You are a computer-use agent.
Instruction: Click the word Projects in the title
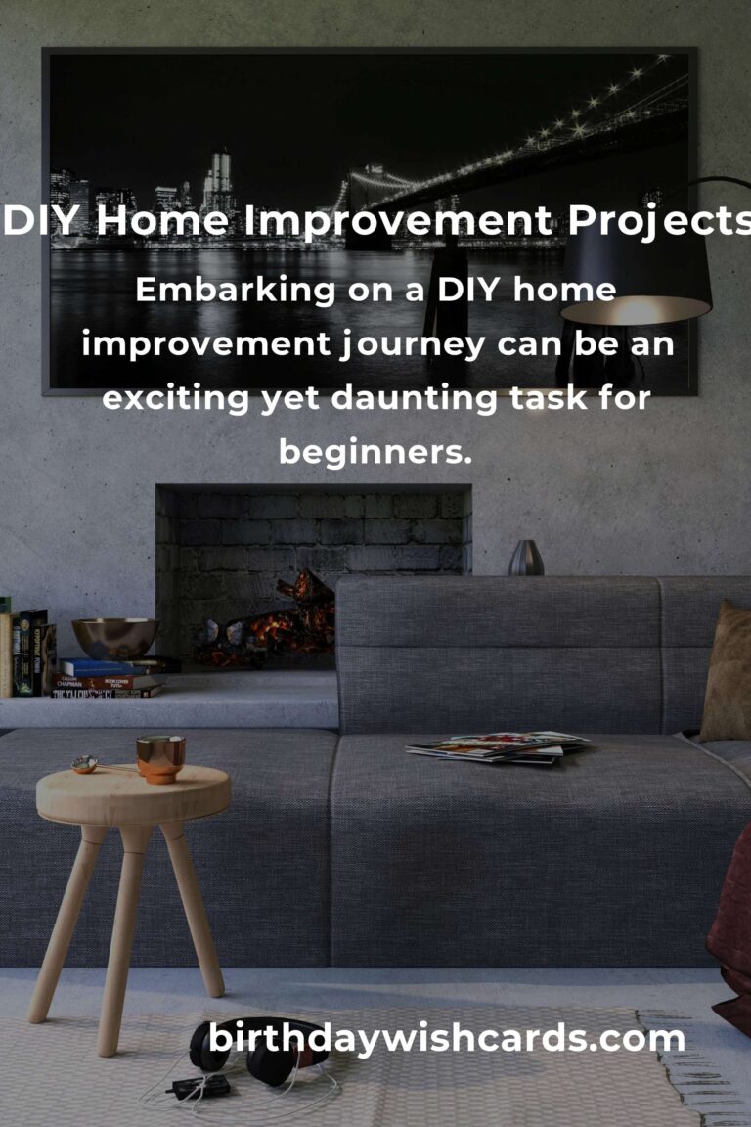click(x=660, y=221)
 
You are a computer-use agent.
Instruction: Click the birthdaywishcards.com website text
click(x=446, y=1039)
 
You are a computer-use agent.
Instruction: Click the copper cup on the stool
click(x=160, y=759)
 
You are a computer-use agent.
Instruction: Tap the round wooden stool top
click(x=134, y=795)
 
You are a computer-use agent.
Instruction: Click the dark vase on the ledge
click(x=526, y=558)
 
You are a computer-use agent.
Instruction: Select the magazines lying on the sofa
click(x=498, y=747)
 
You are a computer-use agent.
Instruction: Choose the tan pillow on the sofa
click(x=728, y=673)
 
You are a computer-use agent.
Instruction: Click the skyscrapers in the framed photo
click(x=217, y=180)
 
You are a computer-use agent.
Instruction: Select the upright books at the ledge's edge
click(x=27, y=653)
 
